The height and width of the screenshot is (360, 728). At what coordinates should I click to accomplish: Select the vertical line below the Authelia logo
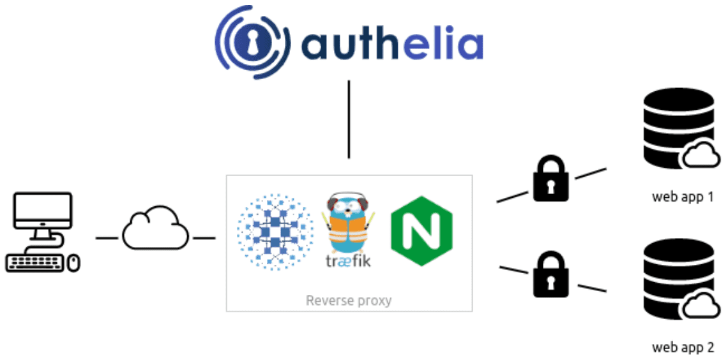349,119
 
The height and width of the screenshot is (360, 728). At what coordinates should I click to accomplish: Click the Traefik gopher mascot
349,223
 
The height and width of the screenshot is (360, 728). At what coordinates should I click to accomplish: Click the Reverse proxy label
349,300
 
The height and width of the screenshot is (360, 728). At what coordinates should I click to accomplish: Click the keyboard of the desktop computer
34,262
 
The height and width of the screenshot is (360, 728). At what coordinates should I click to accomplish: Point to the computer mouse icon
74,263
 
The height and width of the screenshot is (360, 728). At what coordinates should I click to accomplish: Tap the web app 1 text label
682,197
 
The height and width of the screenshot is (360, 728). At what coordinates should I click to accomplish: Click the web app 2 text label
682,348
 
